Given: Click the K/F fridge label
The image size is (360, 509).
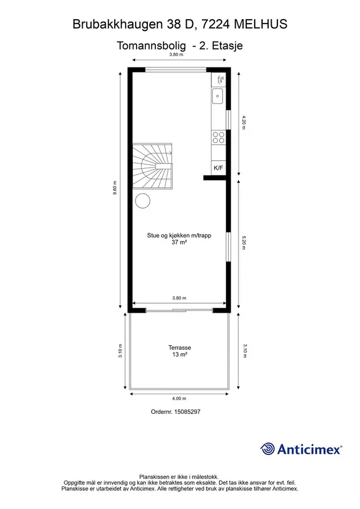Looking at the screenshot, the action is click(218, 168).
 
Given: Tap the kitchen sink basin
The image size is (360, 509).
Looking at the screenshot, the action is click(218, 96).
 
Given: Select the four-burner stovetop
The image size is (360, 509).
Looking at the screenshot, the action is click(218, 137).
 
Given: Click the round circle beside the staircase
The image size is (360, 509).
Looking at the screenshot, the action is click(142, 201).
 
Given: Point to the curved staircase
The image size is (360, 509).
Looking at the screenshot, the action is click(152, 166).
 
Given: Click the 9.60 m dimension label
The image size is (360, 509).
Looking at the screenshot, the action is click(115, 188).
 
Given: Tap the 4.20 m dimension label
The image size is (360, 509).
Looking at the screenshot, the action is click(244, 123).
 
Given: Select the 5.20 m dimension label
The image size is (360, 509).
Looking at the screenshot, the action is click(244, 242).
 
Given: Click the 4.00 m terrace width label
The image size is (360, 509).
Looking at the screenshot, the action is click(179, 399).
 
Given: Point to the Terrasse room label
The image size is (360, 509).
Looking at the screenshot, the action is click(179, 348).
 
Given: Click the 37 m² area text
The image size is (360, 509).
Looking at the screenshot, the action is click(179, 242).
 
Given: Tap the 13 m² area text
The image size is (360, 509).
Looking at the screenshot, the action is click(179, 354).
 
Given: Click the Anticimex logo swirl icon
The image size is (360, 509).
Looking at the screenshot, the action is click(268, 449).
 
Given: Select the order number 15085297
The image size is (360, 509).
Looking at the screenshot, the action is click(187, 412).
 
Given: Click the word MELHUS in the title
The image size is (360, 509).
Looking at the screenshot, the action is click(260, 24).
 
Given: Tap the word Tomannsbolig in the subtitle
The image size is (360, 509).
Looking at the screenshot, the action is click(151, 46).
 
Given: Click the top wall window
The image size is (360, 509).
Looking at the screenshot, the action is click(175, 70).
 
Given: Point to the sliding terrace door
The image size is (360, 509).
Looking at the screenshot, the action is click(179, 310).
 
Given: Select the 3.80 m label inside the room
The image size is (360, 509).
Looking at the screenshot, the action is click(179, 298).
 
